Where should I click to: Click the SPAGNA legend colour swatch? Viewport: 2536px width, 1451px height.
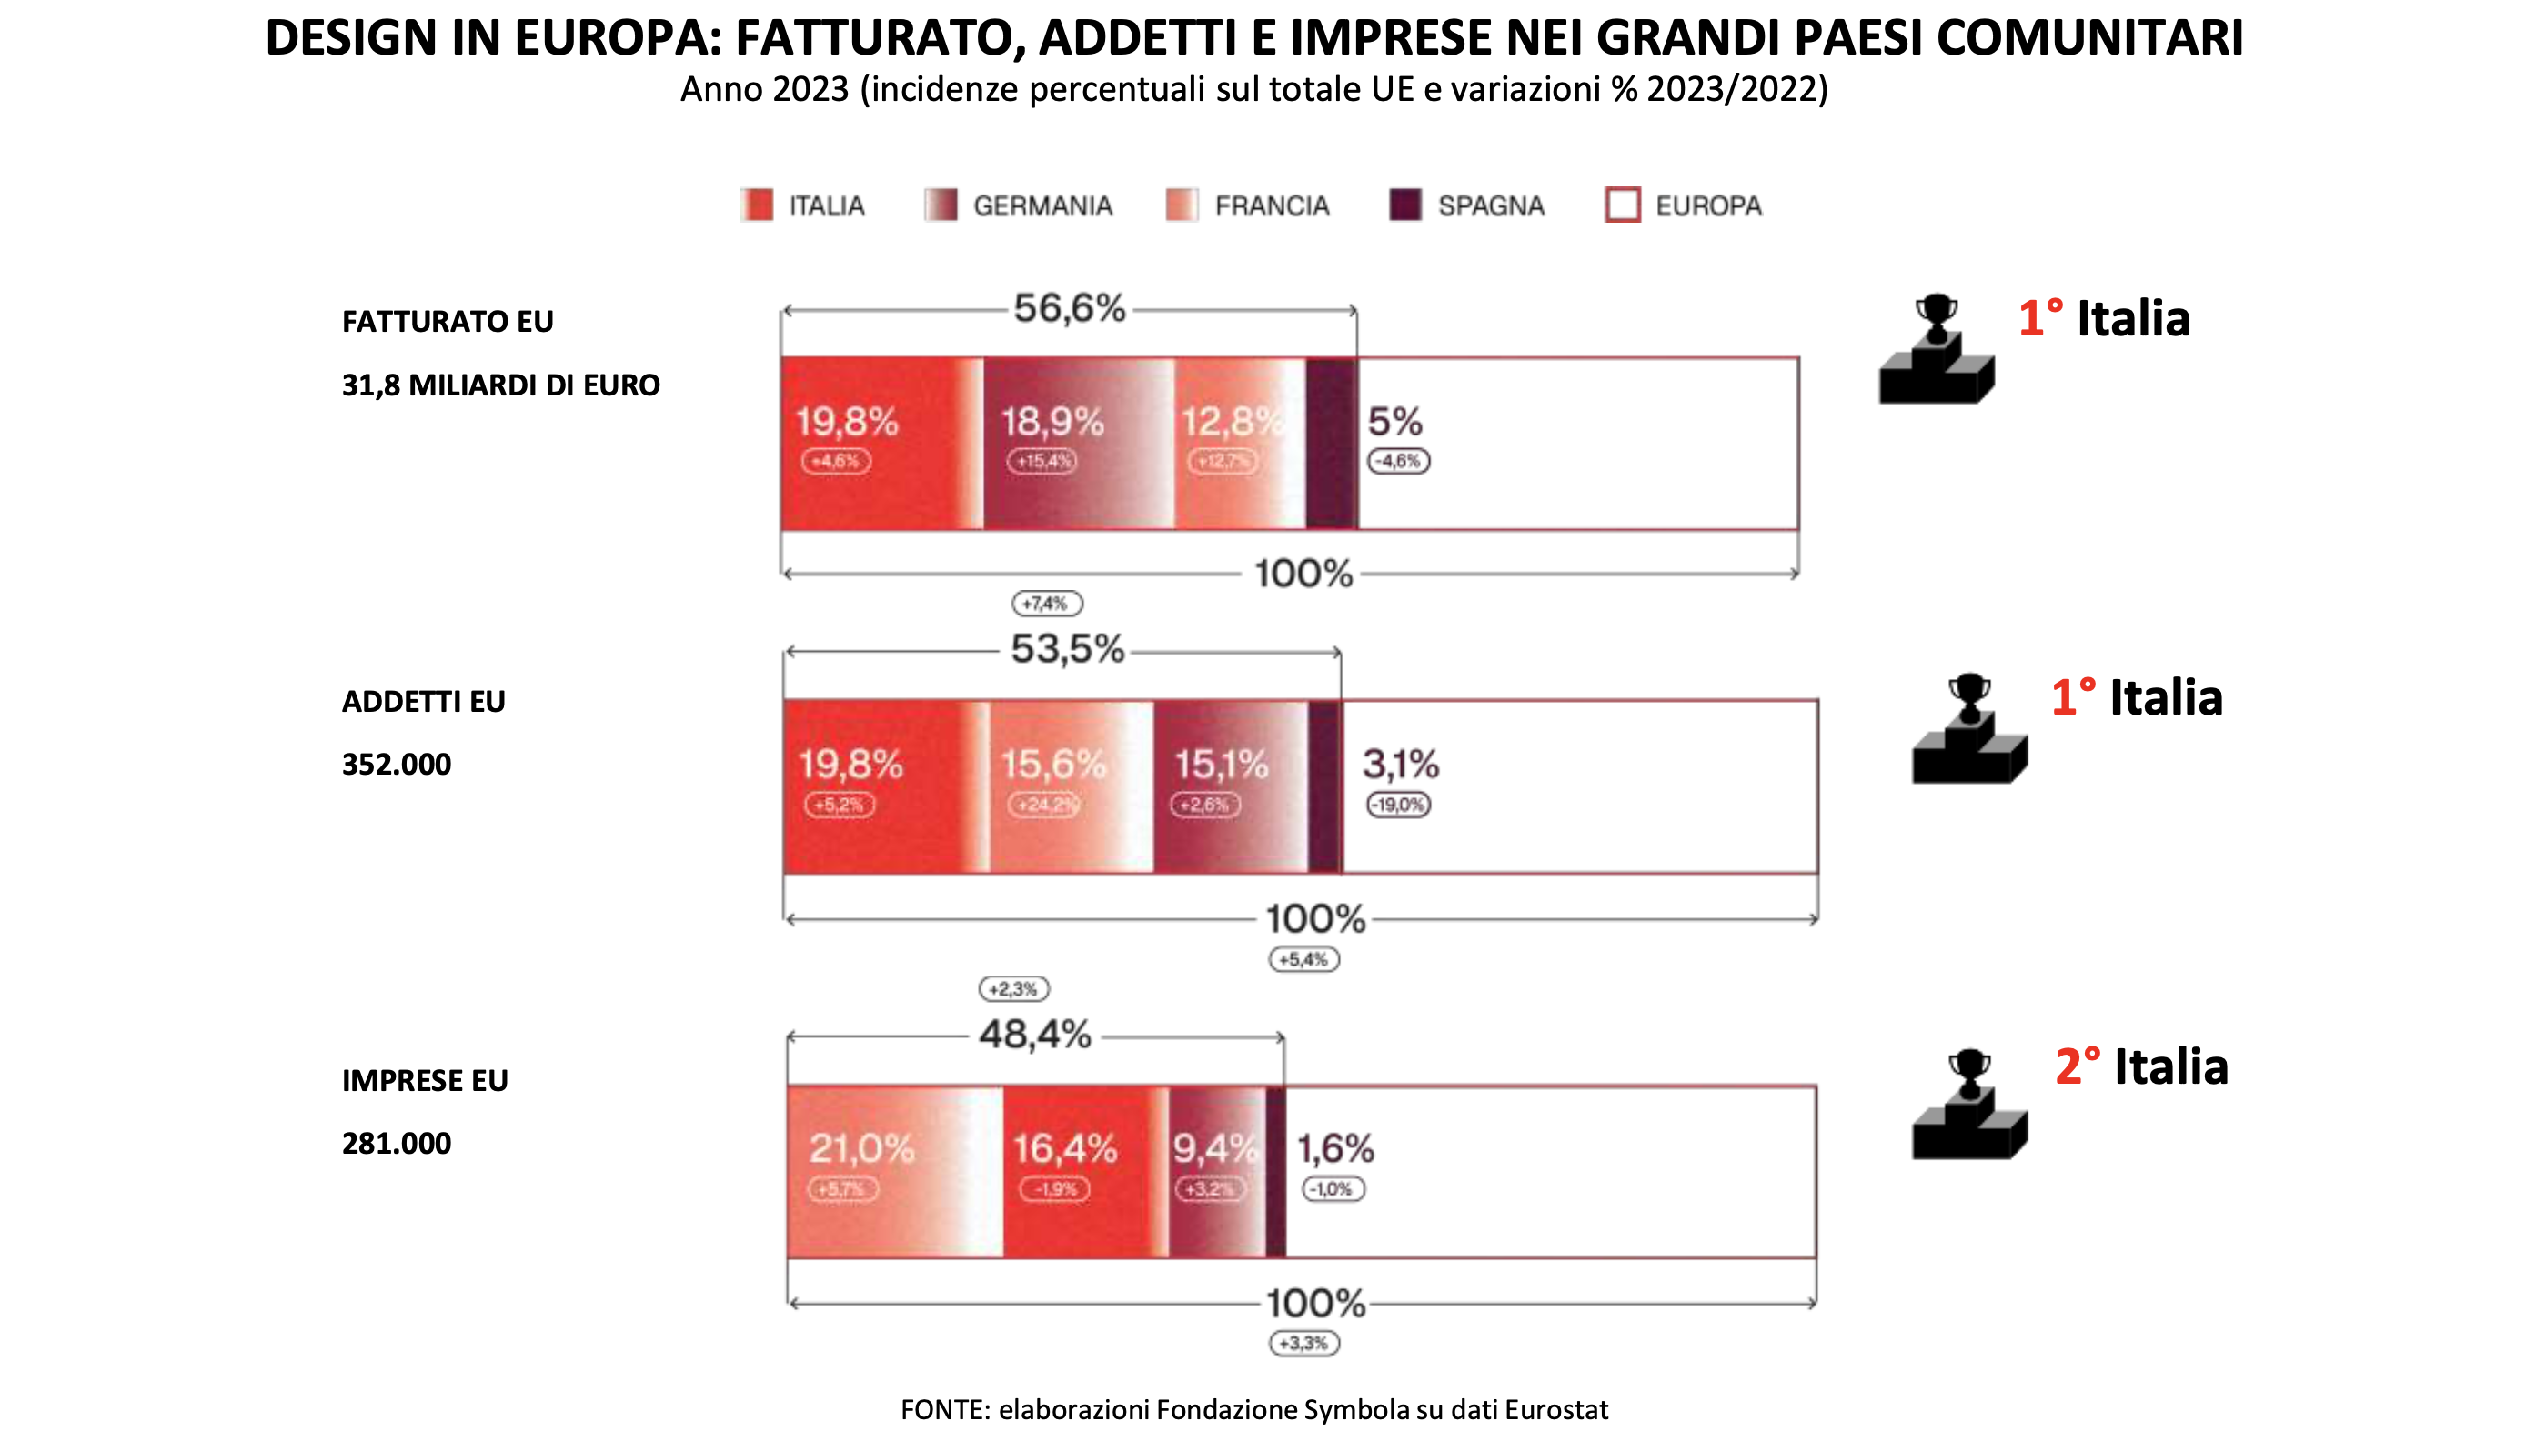[x=1404, y=205]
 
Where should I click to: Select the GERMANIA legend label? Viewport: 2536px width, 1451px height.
[x=1042, y=206]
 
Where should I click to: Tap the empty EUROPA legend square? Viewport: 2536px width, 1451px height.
[x=1622, y=205]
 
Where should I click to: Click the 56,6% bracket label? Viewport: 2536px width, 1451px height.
[x=1069, y=309]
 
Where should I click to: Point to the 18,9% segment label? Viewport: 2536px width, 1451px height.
[x=1052, y=422]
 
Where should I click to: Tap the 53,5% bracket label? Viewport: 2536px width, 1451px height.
[x=1067, y=650]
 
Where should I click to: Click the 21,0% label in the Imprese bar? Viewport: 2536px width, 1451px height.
[x=861, y=1149]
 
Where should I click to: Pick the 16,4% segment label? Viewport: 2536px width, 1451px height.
[x=1064, y=1149]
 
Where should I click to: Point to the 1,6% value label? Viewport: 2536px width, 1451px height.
[x=1334, y=1149]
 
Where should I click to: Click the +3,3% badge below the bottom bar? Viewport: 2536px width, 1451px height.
[x=1303, y=1344]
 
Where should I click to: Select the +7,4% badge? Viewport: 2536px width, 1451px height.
[x=1047, y=604]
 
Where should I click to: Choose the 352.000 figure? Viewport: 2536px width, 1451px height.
[x=396, y=765]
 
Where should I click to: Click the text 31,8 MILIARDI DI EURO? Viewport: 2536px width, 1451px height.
[x=500, y=385]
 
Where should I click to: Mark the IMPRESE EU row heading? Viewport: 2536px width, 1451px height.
[x=425, y=1080]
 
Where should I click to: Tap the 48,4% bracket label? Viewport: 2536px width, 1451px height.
[x=1035, y=1036]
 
